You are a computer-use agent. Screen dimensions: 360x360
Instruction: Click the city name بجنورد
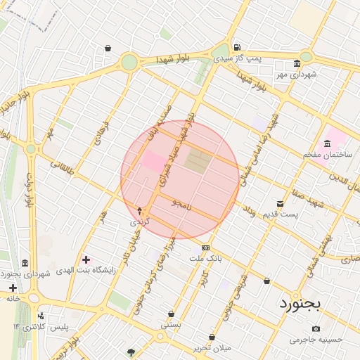pos(300,304)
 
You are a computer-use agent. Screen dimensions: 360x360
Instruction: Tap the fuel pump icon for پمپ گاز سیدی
pos(236,46)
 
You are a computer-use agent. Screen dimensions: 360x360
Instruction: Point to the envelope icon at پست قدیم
pos(281,203)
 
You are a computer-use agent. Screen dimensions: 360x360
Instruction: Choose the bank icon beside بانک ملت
pos(205,247)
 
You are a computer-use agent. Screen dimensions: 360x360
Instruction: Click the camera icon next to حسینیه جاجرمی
pos(316,328)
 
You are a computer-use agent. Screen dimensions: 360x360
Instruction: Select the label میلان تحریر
pos(212,348)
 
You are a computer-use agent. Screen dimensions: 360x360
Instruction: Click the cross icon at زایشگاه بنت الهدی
pos(86,259)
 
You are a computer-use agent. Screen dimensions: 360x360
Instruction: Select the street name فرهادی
pos(100,132)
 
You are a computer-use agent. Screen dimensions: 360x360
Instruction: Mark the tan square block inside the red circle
pos(198,161)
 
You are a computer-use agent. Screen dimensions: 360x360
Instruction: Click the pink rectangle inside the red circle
pos(151,160)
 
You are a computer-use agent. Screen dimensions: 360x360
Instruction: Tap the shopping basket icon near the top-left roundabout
pos(108,49)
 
